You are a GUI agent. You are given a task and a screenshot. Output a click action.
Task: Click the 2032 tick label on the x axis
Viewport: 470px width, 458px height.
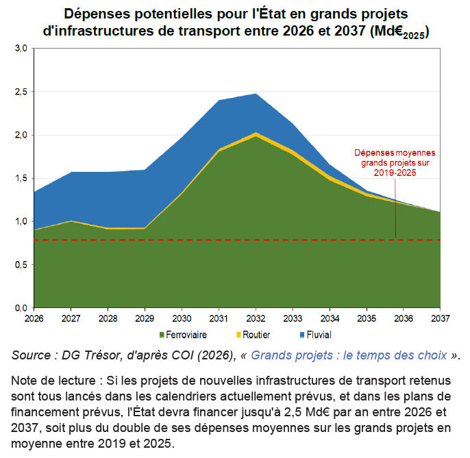click(256, 318)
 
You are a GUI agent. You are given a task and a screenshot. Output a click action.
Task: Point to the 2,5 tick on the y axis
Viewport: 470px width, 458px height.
click(21, 92)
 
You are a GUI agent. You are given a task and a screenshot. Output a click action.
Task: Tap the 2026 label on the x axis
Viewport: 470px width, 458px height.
click(34, 318)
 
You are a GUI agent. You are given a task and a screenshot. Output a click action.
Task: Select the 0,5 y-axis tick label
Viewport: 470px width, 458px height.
click(21, 265)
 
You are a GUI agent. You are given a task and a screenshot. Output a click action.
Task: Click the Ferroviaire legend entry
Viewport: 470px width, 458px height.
click(183, 335)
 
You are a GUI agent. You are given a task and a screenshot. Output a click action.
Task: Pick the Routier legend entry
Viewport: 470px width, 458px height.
click(253, 335)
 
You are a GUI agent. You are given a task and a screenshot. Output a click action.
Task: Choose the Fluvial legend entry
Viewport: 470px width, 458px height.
click(316, 335)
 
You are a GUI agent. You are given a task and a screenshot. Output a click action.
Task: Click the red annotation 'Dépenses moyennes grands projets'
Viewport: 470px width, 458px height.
click(395, 163)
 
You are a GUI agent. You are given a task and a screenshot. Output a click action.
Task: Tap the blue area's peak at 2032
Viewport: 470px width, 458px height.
click(256, 94)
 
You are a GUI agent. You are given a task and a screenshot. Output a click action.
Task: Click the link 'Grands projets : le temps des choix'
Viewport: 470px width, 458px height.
click(349, 355)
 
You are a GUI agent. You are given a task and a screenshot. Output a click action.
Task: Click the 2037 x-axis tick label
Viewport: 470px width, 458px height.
click(441, 318)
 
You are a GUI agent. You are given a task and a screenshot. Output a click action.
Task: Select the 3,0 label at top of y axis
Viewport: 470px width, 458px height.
click(21, 48)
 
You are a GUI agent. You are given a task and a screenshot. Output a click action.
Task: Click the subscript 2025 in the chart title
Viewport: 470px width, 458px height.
click(414, 36)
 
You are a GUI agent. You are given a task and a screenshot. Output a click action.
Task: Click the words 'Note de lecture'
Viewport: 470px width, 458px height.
click(53, 381)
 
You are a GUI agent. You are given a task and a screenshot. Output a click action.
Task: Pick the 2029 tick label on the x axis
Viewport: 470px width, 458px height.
click(145, 318)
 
